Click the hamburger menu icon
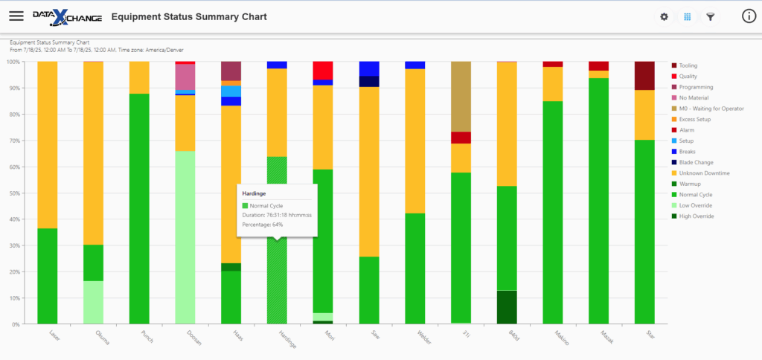[x=16, y=16]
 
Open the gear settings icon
[x=665, y=16]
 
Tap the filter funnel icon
[x=711, y=16]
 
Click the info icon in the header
[x=749, y=16]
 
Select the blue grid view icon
[x=688, y=16]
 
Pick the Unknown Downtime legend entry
[x=704, y=173]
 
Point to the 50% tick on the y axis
[x=12, y=193]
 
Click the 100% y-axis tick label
[x=12, y=62]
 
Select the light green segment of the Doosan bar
[x=185, y=238]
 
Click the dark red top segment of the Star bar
[x=644, y=75]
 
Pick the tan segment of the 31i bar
[x=461, y=96]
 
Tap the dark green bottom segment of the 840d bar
[x=507, y=307]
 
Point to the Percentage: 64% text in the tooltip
[x=263, y=225]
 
